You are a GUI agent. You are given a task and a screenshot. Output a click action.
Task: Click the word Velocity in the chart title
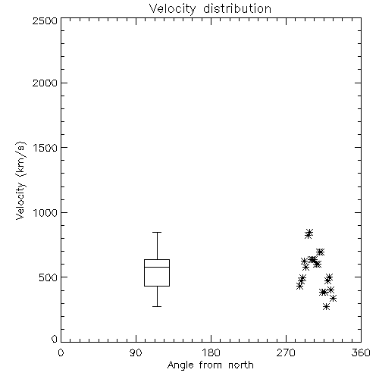tap(172, 9)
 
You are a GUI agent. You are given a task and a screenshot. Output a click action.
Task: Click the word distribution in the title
tap(237, 8)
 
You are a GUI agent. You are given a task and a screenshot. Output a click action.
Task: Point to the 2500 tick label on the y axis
tap(45, 20)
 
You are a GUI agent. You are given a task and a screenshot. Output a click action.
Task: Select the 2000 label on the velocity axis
tap(45, 83)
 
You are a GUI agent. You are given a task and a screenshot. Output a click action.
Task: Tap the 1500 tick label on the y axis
tap(45, 148)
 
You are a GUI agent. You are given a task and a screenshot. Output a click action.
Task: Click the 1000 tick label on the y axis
tap(45, 212)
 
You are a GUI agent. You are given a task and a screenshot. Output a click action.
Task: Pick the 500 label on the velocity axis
tap(49, 277)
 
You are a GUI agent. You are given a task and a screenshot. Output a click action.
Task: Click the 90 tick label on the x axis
tap(136, 352)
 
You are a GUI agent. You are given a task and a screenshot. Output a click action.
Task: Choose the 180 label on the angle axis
tap(211, 352)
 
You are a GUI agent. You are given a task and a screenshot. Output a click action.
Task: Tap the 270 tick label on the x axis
tap(286, 352)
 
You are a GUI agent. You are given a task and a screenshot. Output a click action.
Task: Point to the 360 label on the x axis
tap(361, 352)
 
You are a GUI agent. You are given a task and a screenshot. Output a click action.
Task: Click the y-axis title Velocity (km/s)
tap(20, 180)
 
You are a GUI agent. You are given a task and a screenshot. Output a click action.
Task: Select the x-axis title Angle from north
tap(211, 365)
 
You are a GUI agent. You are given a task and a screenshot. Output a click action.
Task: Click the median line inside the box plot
tap(157, 267)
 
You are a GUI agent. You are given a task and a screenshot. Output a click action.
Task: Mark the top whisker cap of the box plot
tap(157, 232)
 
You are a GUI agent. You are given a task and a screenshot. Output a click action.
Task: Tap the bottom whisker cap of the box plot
tap(157, 306)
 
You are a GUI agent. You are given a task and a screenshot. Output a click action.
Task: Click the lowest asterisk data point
tap(327, 307)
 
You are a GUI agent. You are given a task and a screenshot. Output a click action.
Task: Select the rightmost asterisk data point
tap(334, 299)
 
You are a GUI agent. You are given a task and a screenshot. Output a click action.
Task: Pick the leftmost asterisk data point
tap(299, 287)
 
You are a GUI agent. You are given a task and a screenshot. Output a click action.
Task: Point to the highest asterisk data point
tap(310, 232)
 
